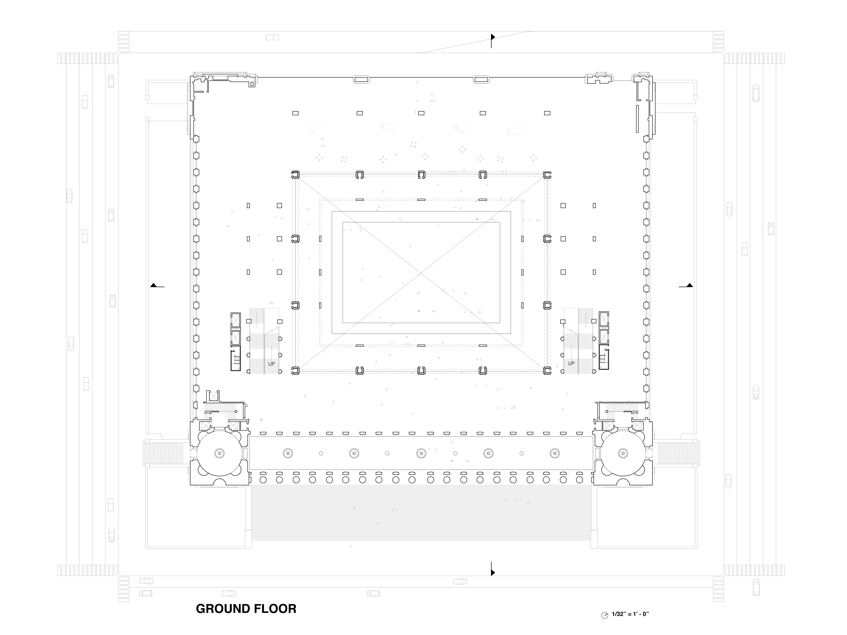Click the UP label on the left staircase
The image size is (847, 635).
tap(271, 364)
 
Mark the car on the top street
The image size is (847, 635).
tap(272, 38)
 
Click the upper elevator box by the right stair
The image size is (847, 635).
tap(604, 320)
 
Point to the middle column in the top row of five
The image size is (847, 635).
tap(421, 113)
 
